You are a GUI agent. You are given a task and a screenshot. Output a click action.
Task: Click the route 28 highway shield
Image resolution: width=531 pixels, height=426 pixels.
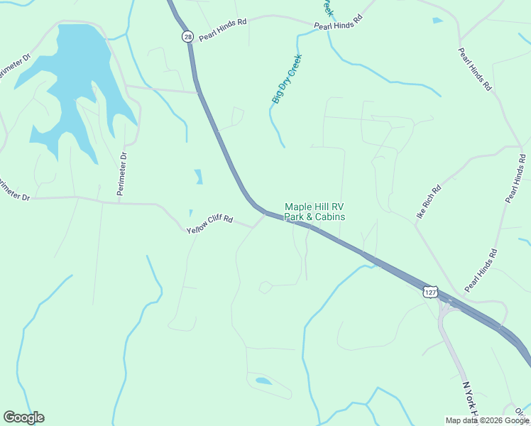187,36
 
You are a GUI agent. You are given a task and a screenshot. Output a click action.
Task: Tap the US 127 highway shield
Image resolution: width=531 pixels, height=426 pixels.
430,292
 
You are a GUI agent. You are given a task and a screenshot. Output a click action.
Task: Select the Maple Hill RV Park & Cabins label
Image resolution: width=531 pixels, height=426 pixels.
314,212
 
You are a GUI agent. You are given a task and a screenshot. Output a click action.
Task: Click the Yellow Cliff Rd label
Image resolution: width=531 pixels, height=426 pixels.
209,225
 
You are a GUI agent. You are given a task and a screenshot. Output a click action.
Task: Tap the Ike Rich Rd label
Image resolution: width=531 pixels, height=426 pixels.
429,201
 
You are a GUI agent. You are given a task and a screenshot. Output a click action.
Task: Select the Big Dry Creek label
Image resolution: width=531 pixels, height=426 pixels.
287,79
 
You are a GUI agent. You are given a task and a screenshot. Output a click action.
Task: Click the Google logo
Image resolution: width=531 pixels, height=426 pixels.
23,417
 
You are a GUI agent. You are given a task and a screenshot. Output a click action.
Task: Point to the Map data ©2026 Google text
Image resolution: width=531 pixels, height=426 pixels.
488,420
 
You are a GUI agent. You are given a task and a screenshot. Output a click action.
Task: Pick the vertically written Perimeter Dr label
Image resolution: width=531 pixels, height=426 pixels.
123,174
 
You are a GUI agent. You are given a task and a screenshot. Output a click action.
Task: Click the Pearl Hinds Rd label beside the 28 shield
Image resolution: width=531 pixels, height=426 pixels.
222,29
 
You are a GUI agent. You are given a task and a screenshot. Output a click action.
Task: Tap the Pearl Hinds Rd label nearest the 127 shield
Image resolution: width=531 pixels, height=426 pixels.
481,271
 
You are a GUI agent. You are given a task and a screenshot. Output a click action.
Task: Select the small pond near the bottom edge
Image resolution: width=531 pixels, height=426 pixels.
263,381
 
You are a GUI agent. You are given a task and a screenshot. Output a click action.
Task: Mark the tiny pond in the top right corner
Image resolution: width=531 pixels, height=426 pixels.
437,21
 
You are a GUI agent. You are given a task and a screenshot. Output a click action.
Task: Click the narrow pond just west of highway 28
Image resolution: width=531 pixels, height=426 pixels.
198,176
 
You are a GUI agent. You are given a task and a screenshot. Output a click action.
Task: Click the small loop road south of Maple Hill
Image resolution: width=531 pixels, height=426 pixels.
265,287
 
